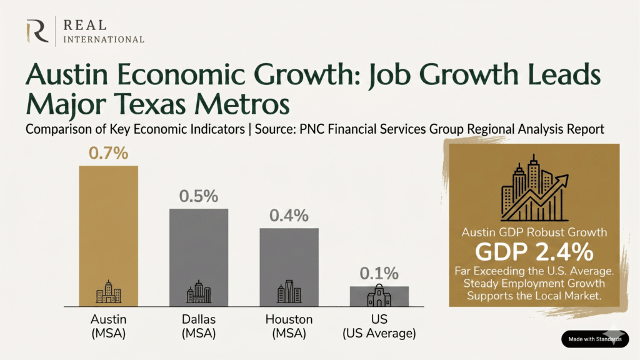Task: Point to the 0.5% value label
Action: tap(199, 196)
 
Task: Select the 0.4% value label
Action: tap(289, 216)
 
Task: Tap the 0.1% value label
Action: tap(379, 274)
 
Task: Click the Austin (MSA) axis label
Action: tap(108, 326)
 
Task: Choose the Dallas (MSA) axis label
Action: tap(199, 326)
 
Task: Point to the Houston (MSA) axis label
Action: tap(289, 326)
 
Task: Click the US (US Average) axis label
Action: tap(379, 326)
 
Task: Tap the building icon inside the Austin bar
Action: tap(108, 292)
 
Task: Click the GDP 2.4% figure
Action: tap(534, 252)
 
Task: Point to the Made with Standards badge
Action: tap(594, 339)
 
